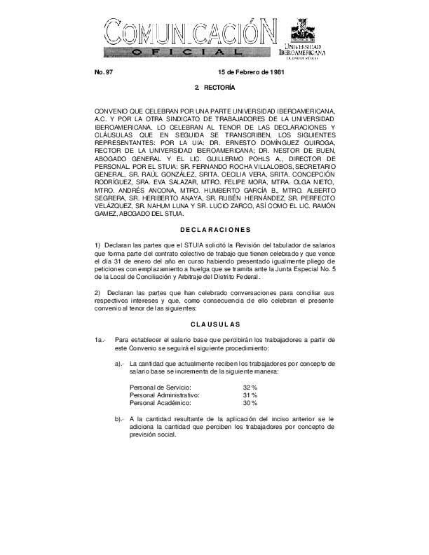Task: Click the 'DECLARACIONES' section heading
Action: point(214,229)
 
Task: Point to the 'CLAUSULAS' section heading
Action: point(214,324)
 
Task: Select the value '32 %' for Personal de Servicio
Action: point(250,388)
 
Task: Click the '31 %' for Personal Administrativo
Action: point(250,395)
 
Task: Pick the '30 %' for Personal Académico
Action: point(250,403)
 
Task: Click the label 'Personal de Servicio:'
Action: point(161,388)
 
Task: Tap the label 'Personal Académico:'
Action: point(161,403)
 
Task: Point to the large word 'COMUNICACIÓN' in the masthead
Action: point(189,32)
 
